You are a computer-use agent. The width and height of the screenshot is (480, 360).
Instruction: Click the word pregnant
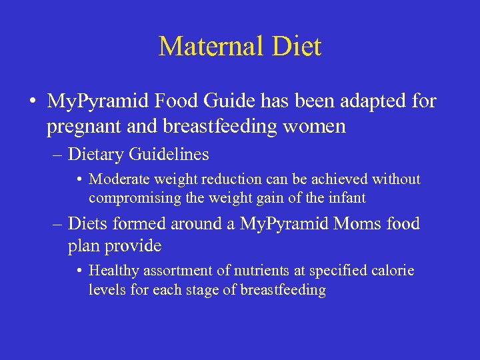tap(77, 127)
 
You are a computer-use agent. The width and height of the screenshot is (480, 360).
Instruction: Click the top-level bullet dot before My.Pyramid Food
tap(32, 102)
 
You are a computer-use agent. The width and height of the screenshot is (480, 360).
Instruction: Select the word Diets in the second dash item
tap(87, 223)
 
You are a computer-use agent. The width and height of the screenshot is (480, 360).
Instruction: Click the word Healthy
tap(112, 271)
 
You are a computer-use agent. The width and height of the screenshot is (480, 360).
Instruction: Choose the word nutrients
tap(254, 271)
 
